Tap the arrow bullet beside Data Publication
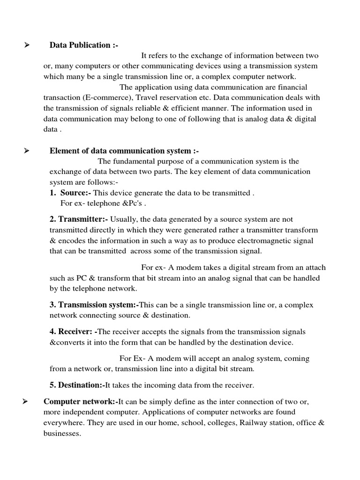(27, 45)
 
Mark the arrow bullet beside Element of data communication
(27, 151)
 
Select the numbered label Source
(76, 193)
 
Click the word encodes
(71, 240)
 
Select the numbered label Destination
(77, 385)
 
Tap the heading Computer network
(80, 402)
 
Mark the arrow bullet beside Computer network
(27, 402)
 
